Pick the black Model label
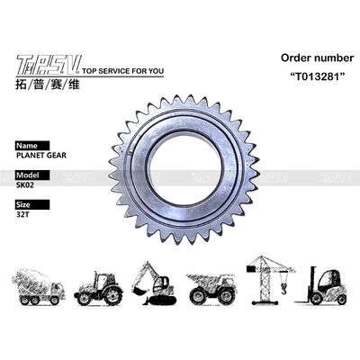point(29,175)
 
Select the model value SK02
point(26,184)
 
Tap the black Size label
point(25,204)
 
